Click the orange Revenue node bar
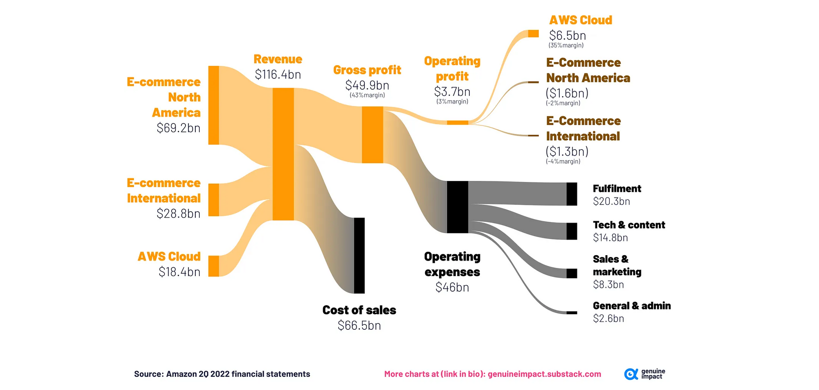coord(283,154)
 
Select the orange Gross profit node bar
coord(372,135)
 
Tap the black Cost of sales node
coord(359,255)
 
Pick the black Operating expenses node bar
coord(457,207)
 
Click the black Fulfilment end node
coord(572,194)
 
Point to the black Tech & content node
coord(572,231)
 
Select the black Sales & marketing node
coord(572,273)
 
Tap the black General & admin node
coord(572,313)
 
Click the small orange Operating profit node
coord(457,122)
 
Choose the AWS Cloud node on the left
coord(213,266)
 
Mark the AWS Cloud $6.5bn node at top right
coord(533,34)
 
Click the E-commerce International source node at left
coord(213,200)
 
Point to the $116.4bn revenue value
coord(278,75)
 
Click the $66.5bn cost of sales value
coord(359,325)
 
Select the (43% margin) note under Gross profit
coord(367,95)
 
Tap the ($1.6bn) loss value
coord(567,93)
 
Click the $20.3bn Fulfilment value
coord(611,201)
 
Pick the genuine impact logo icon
coord(631,374)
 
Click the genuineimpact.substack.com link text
coord(544,374)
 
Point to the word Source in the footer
coord(149,374)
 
